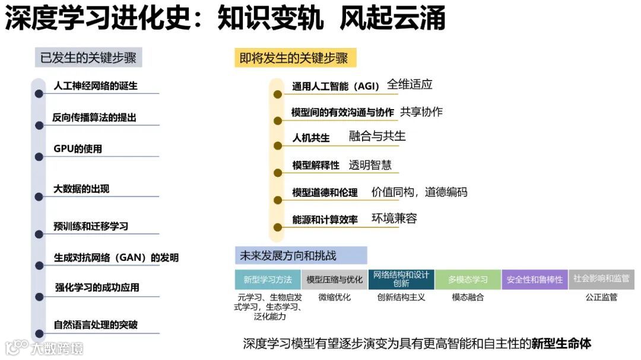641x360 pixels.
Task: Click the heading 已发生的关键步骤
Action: click(x=88, y=58)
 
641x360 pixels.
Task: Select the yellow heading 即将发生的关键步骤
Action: click(x=293, y=58)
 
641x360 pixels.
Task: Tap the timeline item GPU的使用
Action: click(x=78, y=148)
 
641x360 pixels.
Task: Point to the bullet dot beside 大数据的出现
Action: click(x=39, y=197)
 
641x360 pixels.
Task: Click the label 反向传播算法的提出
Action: click(x=94, y=117)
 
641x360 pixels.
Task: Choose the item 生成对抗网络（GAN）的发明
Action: click(x=116, y=257)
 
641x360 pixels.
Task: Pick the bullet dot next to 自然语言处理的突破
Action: click(x=39, y=333)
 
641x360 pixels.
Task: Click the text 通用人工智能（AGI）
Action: click(x=335, y=87)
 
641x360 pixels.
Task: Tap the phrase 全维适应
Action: click(x=410, y=84)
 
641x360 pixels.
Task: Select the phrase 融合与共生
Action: click(x=377, y=136)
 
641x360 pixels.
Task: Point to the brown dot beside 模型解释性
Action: click(x=277, y=173)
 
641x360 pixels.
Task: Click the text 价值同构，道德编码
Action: click(x=419, y=192)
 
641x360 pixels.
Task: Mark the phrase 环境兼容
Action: click(x=394, y=218)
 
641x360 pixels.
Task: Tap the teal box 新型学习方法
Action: click(x=268, y=280)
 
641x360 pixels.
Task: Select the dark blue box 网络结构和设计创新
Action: click(x=401, y=279)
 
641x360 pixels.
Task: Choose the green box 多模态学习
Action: click(x=468, y=280)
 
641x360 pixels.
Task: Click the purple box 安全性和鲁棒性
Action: click(x=534, y=280)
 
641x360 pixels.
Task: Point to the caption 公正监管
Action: click(x=601, y=297)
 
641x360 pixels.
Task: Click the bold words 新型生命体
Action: click(x=561, y=343)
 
